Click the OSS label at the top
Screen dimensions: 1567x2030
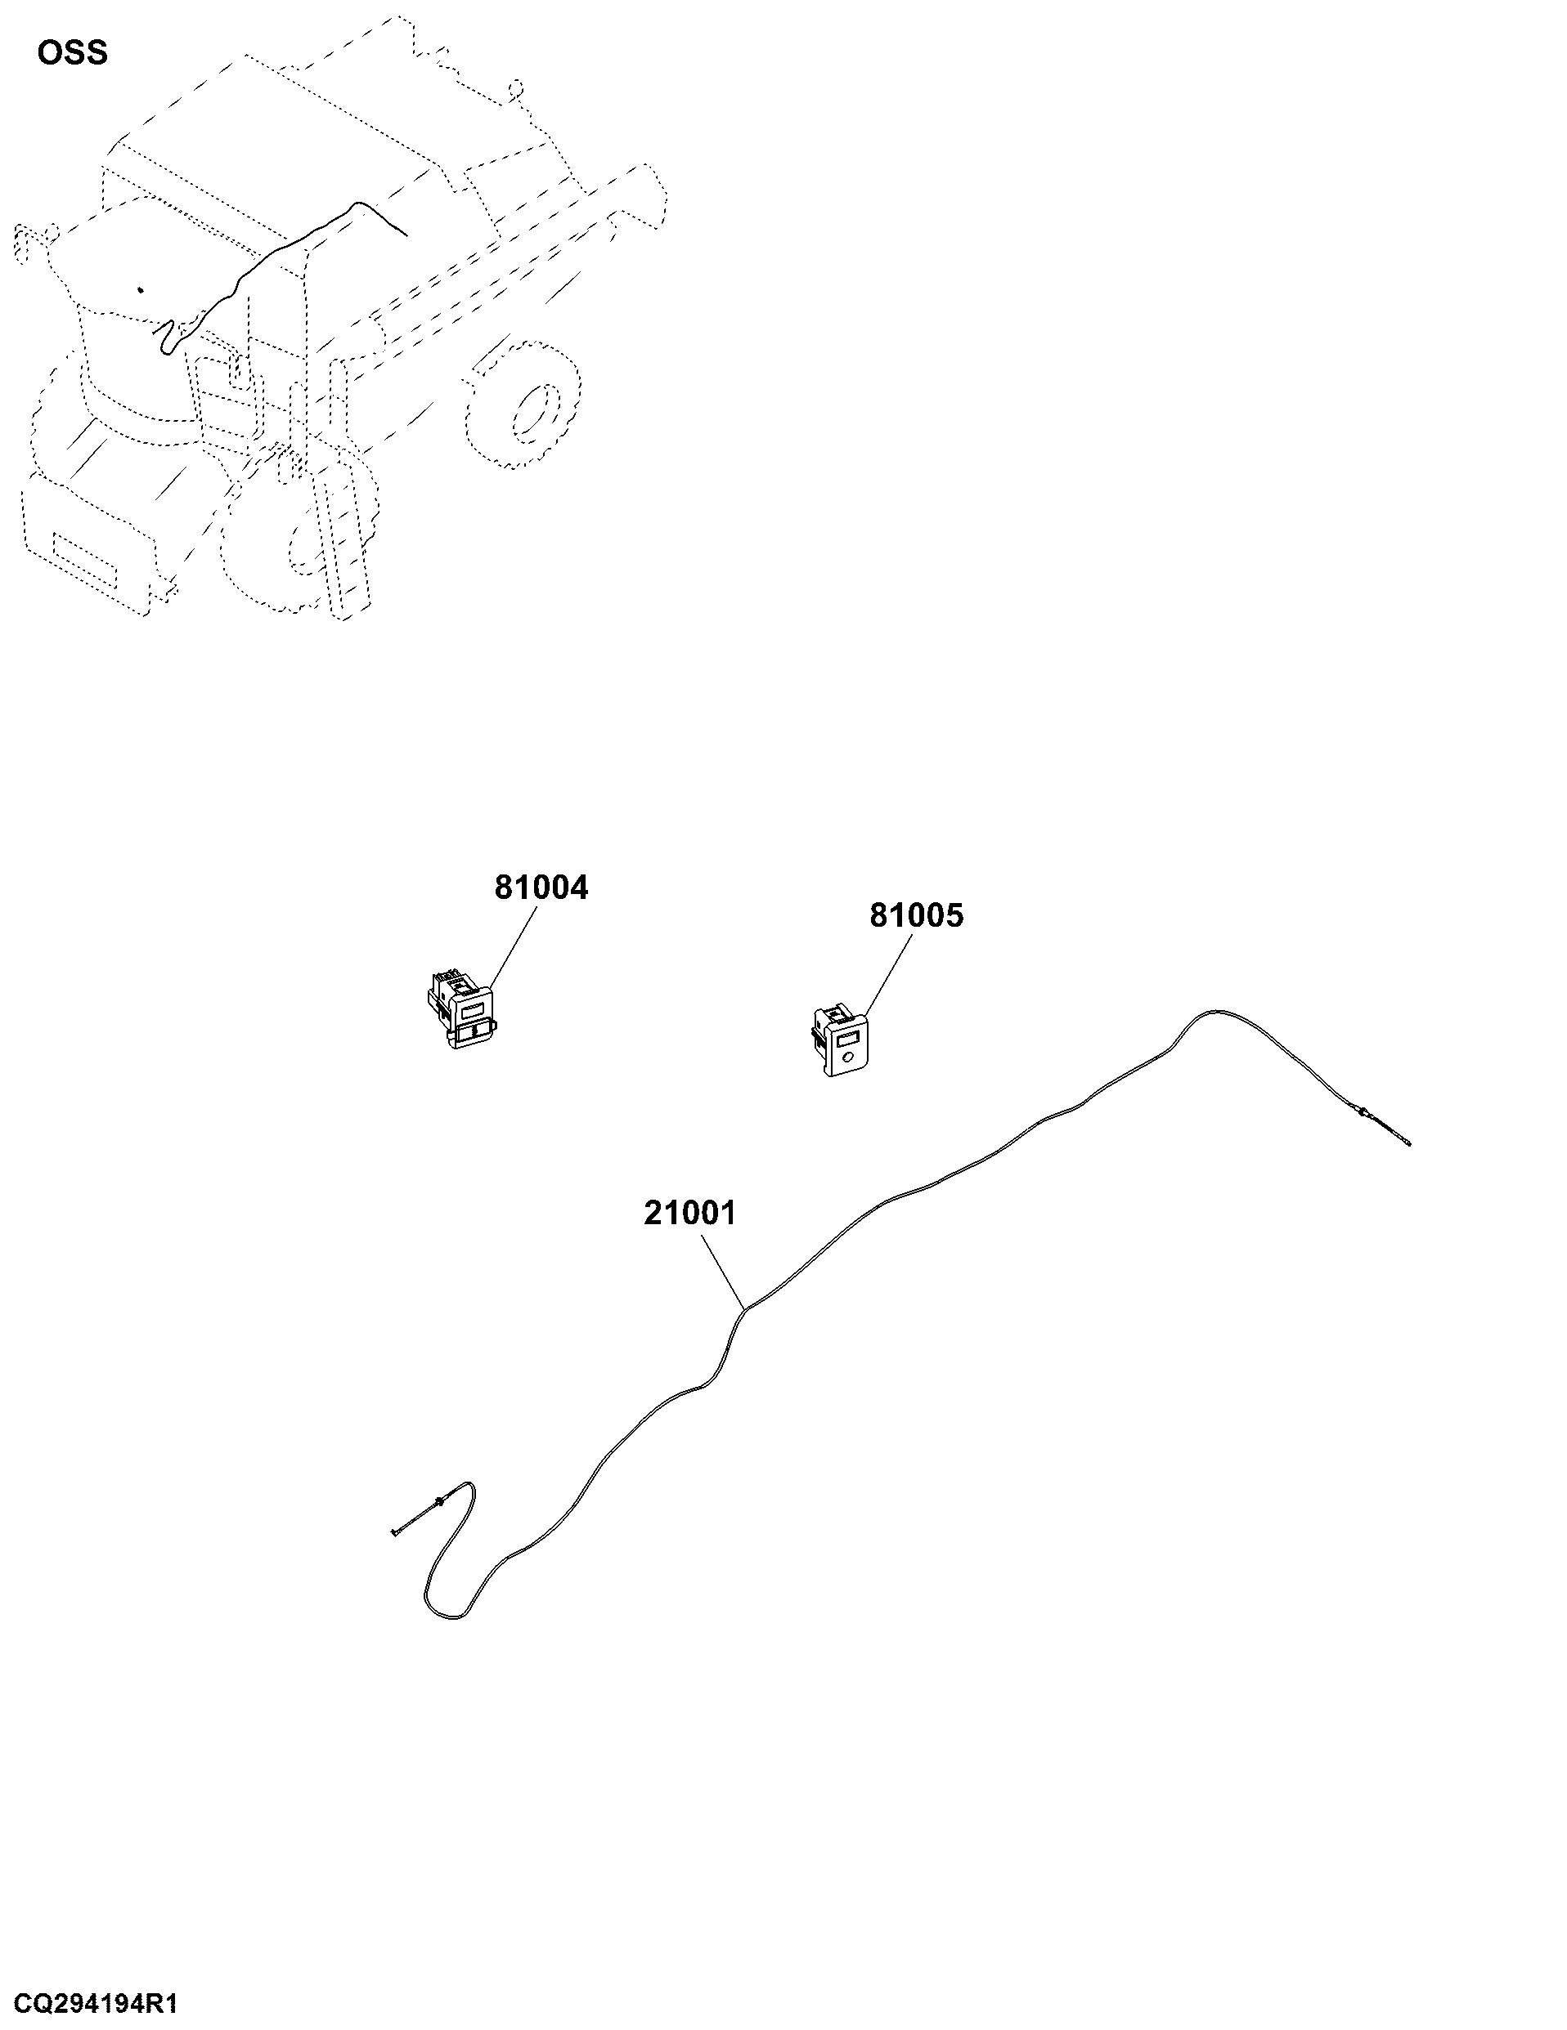73,53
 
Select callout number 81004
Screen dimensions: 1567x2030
541,888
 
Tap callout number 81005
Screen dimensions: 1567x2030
917,915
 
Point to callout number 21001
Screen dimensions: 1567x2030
690,1213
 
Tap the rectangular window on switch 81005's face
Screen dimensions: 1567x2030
846,1038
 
